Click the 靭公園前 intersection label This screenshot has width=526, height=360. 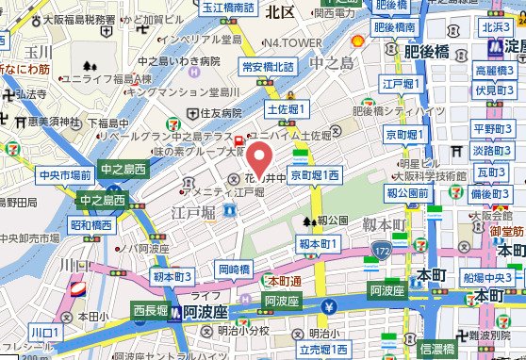tap(408, 193)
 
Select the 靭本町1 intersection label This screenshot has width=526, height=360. tap(318, 244)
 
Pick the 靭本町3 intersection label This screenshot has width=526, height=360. tap(173, 276)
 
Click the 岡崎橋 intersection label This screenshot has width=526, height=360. tap(234, 270)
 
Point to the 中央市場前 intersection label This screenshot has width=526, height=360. tap(65, 175)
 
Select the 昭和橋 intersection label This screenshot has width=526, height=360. tap(90, 225)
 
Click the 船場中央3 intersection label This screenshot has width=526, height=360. tap(486, 277)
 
